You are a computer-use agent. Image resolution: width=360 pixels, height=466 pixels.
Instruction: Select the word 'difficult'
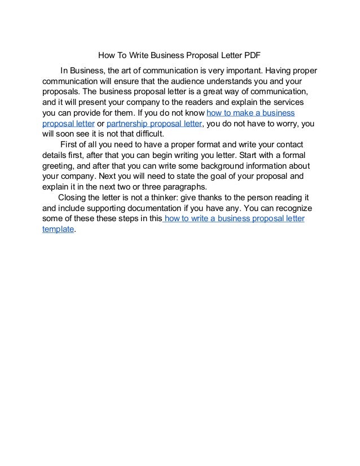pos(144,134)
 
